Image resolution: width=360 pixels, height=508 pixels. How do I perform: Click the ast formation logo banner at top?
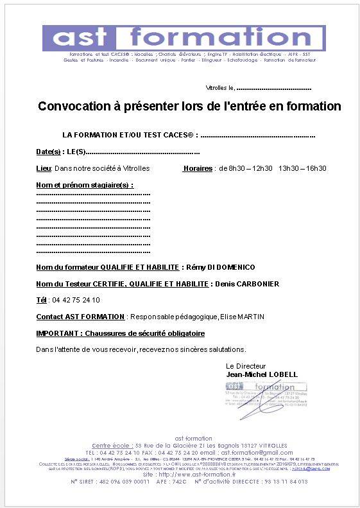(x=184, y=39)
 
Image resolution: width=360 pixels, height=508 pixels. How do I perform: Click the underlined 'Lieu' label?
(x=44, y=168)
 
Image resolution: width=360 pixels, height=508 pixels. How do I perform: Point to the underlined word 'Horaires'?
(x=198, y=168)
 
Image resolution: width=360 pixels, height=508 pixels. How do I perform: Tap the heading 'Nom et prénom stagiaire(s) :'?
(x=85, y=185)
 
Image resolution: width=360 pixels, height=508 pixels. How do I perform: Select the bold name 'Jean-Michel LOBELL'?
(x=262, y=374)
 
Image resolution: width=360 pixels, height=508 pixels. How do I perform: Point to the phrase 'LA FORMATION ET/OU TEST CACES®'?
(x=128, y=136)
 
